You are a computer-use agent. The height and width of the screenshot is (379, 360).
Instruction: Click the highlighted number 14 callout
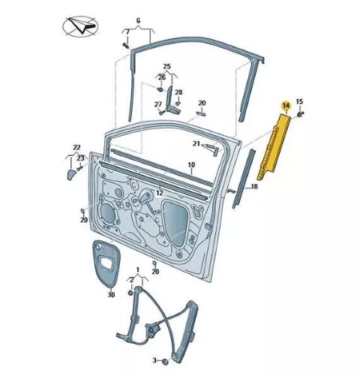[x=286, y=106]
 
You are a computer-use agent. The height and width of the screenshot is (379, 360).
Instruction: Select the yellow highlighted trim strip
[x=274, y=146]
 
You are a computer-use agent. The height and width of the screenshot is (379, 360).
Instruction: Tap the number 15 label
[x=299, y=101]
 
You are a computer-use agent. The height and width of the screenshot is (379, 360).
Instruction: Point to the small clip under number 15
[x=300, y=114]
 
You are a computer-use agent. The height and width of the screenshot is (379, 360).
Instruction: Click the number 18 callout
[x=254, y=187]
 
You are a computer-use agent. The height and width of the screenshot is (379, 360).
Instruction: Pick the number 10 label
[x=191, y=165]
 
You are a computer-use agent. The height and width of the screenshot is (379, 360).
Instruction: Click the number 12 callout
[x=160, y=193]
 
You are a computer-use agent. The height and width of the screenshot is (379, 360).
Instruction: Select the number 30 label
[x=111, y=295]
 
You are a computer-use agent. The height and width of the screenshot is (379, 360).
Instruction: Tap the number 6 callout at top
[x=138, y=20]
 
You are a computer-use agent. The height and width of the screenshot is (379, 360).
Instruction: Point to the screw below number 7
[x=125, y=45]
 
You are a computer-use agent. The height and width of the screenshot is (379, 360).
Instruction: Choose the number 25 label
[x=166, y=67]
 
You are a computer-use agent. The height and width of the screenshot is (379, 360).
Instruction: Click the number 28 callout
[x=178, y=92]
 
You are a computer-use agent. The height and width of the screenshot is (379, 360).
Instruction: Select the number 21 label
[x=196, y=143]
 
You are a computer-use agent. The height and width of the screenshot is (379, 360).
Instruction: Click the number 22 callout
[x=76, y=148]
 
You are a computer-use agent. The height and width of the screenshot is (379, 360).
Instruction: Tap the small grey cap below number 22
[x=71, y=174]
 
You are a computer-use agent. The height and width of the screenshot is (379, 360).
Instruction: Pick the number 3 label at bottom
[x=154, y=360]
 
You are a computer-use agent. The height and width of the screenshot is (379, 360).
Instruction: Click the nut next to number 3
[x=165, y=362]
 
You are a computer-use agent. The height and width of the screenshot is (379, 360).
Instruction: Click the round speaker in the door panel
[x=108, y=213]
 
